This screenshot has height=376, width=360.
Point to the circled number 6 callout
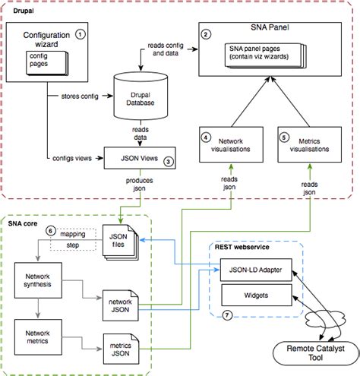point(51,229)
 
